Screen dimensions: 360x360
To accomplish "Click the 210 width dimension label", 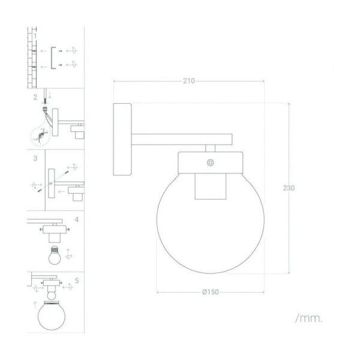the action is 189,81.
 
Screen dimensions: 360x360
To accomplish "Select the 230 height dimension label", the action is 289,188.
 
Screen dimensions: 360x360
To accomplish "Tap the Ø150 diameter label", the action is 211,292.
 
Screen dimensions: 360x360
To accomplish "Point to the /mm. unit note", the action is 309,318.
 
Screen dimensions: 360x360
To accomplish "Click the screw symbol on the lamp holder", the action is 211,163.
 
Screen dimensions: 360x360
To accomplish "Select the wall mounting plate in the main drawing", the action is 122,139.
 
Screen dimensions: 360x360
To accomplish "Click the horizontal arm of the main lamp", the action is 182,139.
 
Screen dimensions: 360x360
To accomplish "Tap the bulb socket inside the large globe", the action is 211,186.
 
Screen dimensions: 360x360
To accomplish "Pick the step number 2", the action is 35,97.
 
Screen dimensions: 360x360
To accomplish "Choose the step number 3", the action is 35,158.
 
